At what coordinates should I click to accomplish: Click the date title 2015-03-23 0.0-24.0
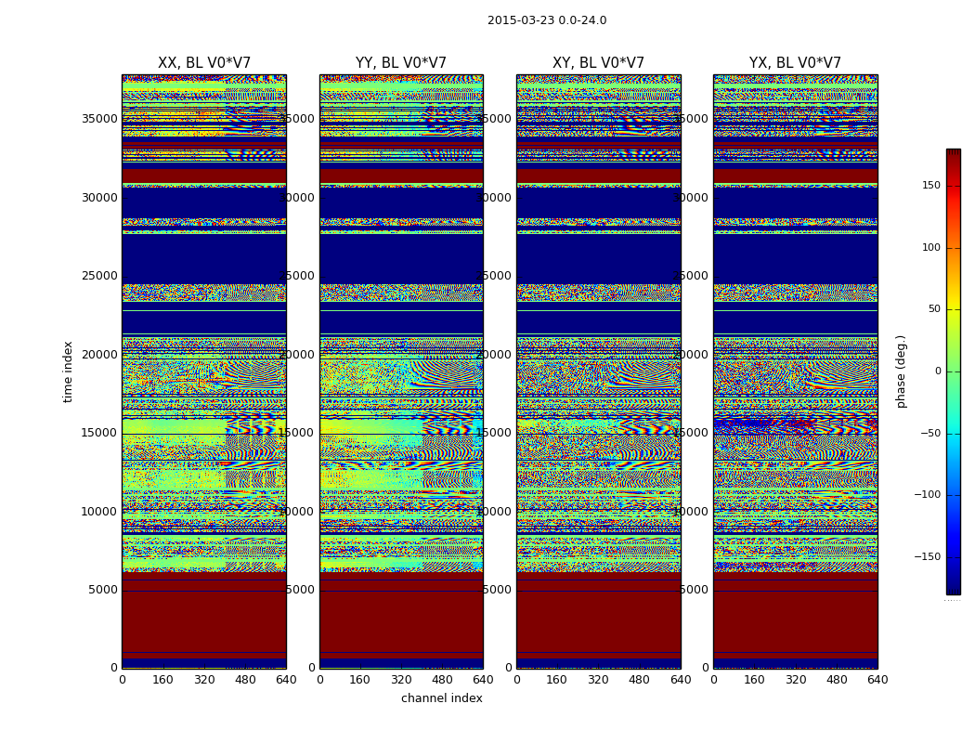[x=547, y=20]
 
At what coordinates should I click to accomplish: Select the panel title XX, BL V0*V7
[x=204, y=63]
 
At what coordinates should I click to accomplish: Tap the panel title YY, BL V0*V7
[x=401, y=63]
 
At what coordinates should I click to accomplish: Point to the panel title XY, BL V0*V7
[x=598, y=63]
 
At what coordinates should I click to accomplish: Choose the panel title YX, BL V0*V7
[x=795, y=63]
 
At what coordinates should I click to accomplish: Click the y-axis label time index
[x=68, y=371]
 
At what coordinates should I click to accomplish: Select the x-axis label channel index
[x=442, y=698]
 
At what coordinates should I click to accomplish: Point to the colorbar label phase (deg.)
[x=901, y=371]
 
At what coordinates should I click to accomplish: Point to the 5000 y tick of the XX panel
[x=103, y=590]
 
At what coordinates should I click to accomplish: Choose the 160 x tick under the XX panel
[x=162, y=680]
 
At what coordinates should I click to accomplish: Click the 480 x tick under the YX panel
[x=837, y=680]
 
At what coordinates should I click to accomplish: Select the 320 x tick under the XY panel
[x=598, y=680]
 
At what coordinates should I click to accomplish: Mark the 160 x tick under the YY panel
[x=360, y=680]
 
